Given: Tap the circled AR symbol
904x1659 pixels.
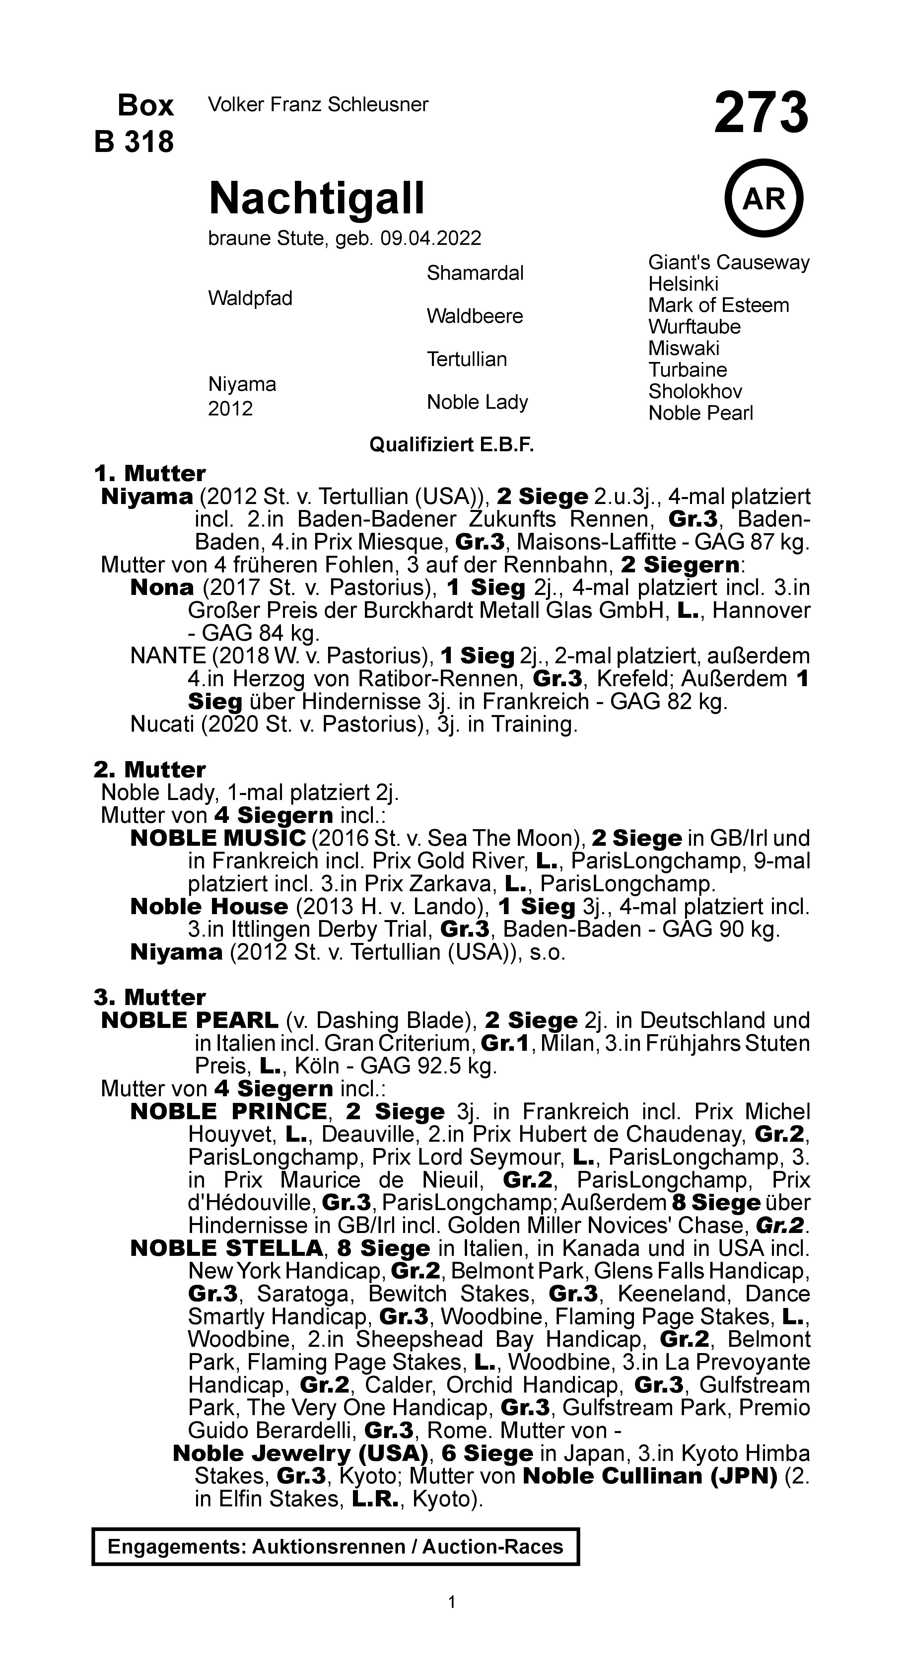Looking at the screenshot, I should pyautogui.click(x=764, y=199).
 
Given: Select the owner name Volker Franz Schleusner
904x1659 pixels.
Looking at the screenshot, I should pyautogui.click(x=318, y=104).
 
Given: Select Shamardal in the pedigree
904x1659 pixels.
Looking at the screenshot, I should pyautogui.click(x=475, y=273).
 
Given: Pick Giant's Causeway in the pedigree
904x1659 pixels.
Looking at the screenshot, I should pyautogui.click(x=728, y=263).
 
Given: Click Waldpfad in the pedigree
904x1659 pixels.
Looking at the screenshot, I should pyautogui.click(x=250, y=298).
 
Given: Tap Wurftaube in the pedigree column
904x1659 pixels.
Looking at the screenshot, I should pyautogui.click(x=694, y=327).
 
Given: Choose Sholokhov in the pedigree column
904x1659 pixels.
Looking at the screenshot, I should pyautogui.click(x=695, y=392).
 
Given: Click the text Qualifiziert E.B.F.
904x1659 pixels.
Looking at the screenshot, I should pyautogui.click(x=452, y=445).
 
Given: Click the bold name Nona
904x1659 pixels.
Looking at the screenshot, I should pyautogui.click(x=162, y=587).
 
